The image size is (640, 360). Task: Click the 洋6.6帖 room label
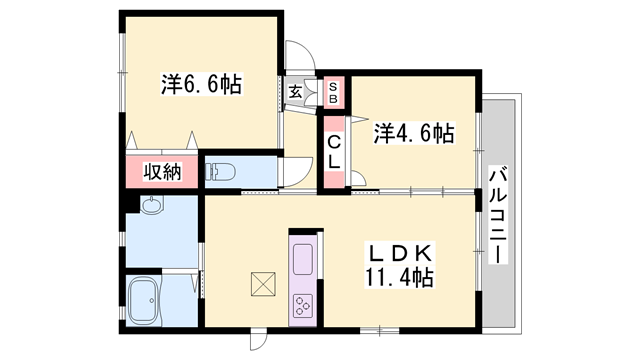(202, 84)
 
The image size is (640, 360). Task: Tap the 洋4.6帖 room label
(414, 133)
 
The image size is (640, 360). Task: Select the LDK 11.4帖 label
(400, 265)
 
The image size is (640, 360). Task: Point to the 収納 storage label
(162, 172)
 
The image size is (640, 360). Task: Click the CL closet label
(334, 152)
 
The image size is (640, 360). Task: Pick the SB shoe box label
(333, 92)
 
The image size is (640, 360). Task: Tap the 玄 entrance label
(295, 92)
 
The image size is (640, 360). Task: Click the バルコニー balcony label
(498, 214)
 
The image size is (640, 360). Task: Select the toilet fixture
(220, 172)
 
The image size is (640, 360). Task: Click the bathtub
(143, 300)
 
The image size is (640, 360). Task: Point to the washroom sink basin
(152, 204)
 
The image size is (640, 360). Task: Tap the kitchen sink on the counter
(303, 260)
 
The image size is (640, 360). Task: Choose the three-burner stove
(303, 305)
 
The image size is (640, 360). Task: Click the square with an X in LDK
(263, 284)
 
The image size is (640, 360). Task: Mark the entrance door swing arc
(301, 56)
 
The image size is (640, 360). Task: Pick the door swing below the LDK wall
(258, 340)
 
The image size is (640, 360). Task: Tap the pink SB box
(334, 92)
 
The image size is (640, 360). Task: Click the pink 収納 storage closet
(162, 171)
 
